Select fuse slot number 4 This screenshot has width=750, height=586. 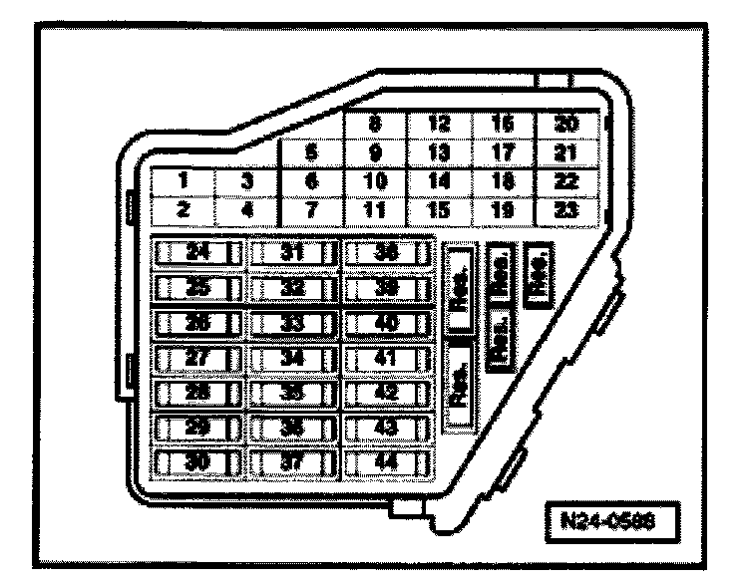[247, 210]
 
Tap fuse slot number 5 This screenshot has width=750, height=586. [312, 153]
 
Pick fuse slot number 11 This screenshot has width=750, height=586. [375, 210]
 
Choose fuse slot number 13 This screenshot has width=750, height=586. [440, 153]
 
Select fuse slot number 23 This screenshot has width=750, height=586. [566, 210]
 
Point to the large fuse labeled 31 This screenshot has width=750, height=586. [292, 253]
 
